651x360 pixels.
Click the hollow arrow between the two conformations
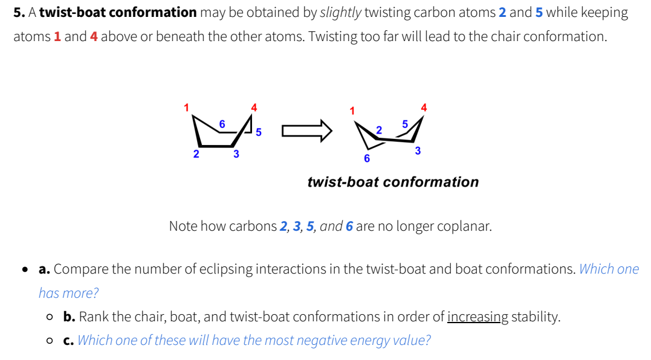pos(307,130)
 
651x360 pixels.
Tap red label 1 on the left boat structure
pos(187,108)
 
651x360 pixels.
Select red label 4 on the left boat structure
pos(254,108)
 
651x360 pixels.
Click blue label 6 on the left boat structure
pos(222,124)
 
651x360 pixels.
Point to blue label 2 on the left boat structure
pos(196,154)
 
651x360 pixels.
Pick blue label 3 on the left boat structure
pos(236,154)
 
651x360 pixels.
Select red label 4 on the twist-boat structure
pos(423,108)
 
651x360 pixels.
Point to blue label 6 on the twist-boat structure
pos(366,159)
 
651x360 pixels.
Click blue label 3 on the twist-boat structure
pos(418,150)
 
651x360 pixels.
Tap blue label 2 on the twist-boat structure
pos(379,130)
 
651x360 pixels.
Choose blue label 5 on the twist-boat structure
pos(405,124)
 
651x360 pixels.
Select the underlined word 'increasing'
pos(478,317)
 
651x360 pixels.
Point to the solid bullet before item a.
pos(25,269)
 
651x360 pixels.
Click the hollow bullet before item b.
pos(50,317)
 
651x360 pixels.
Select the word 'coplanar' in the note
pos(465,227)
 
